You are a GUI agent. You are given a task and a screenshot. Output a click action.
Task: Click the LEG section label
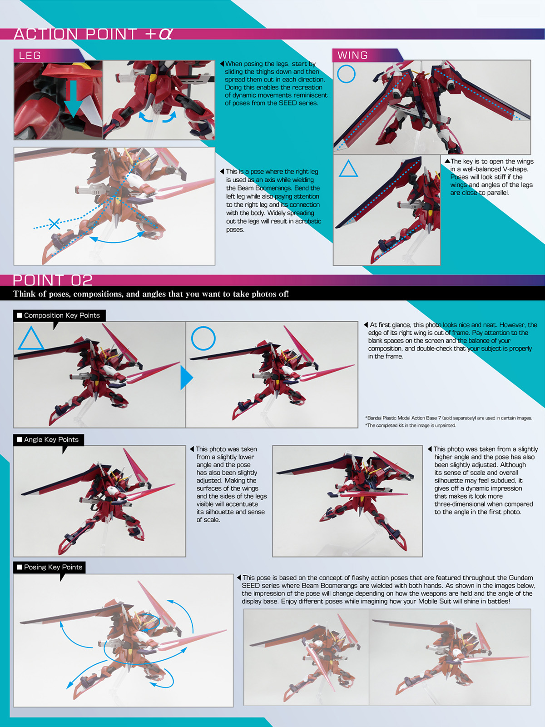click(x=30, y=55)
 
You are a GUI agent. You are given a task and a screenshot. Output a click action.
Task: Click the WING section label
click(x=352, y=55)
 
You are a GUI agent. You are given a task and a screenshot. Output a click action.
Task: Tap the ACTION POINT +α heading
click(x=93, y=34)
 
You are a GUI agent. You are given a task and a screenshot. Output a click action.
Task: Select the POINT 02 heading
click(x=53, y=280)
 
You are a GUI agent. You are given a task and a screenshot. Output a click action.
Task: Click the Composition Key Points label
click(x=59, y=315)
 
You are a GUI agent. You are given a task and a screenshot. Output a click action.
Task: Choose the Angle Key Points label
click(x=48, y=439)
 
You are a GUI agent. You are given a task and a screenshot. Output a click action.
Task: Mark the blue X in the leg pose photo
click(x=54, y=224)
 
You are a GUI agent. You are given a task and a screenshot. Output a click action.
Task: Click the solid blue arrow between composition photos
click(x=186, y=377)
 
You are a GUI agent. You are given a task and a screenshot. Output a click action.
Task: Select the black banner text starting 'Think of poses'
click(x=151, y=294)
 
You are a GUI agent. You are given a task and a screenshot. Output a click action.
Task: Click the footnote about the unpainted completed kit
click(x=411, y=426)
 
